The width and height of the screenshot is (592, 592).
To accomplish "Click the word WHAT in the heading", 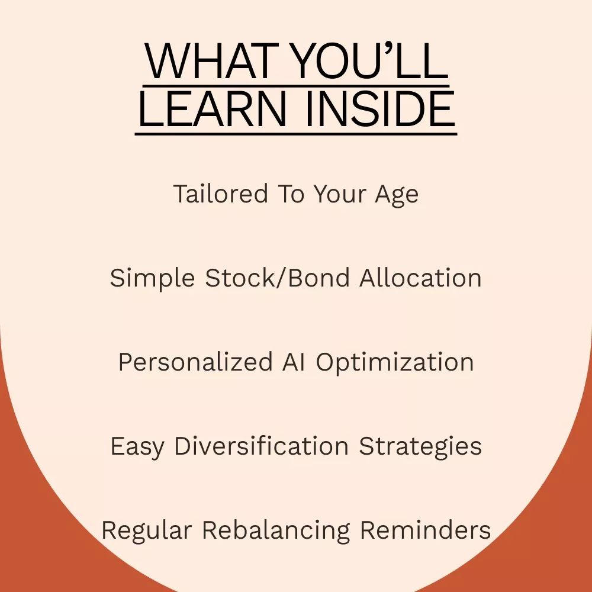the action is pyautogui.click(x=212, y=61).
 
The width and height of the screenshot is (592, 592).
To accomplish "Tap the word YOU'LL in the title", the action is pyautogui.click(x=370, y=61).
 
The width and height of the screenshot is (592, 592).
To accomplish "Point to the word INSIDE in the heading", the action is pyautogui.click(x=380, y=109).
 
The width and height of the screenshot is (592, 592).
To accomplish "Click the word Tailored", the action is pyautogui.click(x=220, y=194).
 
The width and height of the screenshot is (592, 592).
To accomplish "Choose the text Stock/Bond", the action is pyautogui.click(x=277, y=278).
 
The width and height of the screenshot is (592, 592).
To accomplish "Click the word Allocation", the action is pyautogui.click(x=420, y=278).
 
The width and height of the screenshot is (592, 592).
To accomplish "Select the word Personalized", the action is pyautogui.click(x=195, y=362).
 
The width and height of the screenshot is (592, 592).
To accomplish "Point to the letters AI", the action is pyautogui.click(x=294, y=362).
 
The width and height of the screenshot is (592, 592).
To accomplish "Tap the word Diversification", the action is pyautogui.click(x=261, y=446).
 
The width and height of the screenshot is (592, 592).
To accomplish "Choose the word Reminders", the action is pyautogui.click(x=426, y=530).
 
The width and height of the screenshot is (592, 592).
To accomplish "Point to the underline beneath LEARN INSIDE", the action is pyautogui.click(x=296, y=134).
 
